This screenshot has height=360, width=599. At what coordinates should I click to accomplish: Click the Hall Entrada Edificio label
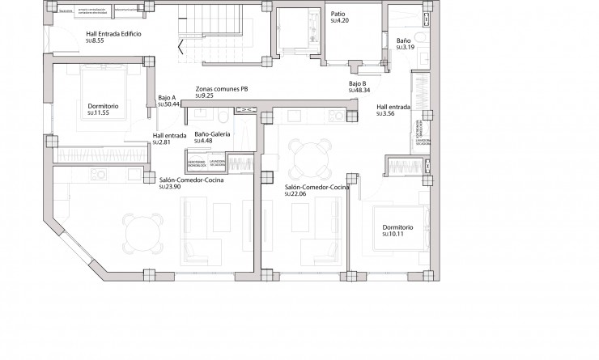click(x=113, y=33)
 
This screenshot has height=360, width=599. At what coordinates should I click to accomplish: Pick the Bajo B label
click(x=359, y=83)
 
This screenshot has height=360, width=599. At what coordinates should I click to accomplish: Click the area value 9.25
click(x=205, y=95)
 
